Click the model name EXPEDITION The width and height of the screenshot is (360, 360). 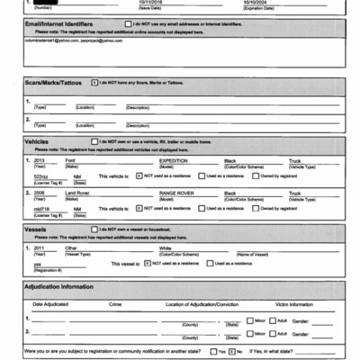click(x=174, y=160)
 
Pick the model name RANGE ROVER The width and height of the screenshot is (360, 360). click(x=177, y=192)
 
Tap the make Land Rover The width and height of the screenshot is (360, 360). click(x=78, y=192)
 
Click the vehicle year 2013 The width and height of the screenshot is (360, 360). click(x=40, y=160)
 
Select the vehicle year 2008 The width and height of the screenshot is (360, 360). click(x=40, y=192)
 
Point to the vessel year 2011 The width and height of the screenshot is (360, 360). click(x=40, y=247)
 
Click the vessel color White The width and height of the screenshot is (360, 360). click(x=165, y=247)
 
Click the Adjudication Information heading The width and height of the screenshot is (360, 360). click(x=59, y=286)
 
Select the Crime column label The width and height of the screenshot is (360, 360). click(x=115, y=304)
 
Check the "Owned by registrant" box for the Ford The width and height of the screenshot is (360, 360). click(x=256, y=175)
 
